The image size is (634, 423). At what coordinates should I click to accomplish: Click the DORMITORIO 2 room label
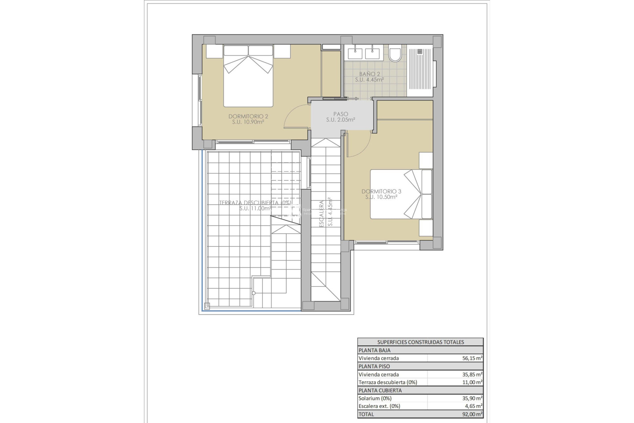click(x=248, y=117)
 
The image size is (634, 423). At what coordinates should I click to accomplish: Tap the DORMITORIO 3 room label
click(x=381, y=192)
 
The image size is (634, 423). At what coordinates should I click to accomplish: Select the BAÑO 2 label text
click(x=370, y=74)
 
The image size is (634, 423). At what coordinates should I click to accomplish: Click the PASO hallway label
click(x=340, y=114)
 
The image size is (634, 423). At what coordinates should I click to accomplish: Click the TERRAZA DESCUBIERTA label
click(x=255, y=203)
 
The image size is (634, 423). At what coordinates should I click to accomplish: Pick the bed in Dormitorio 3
click(x=401, y=194)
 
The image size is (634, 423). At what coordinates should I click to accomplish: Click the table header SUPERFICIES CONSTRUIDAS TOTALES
click(x=420, y=342)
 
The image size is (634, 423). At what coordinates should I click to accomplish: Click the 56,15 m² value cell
click(x=472, y=358)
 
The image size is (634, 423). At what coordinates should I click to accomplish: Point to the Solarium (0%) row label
click(x=375, y=399)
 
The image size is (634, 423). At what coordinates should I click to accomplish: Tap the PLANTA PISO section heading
click(x=374, y=366)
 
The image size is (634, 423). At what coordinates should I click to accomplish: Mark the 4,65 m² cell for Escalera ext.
click(x=473, y=406)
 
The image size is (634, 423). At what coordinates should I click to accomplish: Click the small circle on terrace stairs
click(x=254, y=293)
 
